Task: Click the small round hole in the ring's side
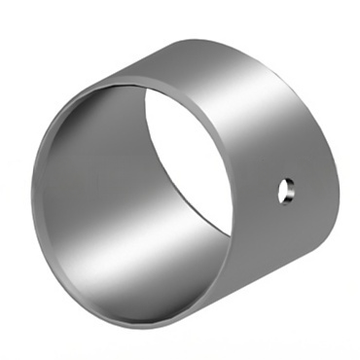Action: tap(284, 191)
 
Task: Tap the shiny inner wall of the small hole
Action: tap(287, 192)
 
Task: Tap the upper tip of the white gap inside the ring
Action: tap(150, 88)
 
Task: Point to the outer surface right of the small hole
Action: tap(307, 191)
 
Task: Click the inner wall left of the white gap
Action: tap(117, 175)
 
